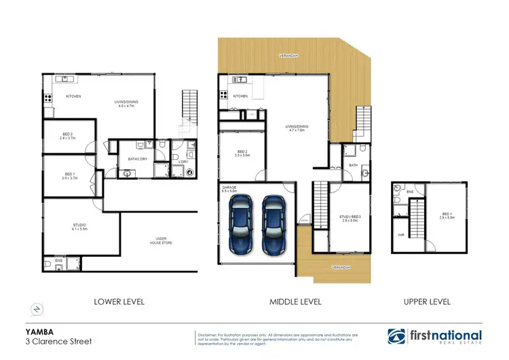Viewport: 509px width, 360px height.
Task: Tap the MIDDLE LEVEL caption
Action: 296,301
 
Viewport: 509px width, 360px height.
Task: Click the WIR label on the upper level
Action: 400,236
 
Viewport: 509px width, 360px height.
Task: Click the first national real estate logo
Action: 434,336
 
